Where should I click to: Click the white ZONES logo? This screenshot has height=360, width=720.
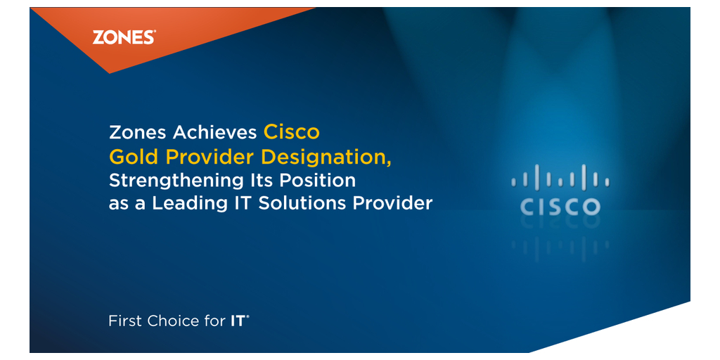pyautogui.click(x=124, y=37)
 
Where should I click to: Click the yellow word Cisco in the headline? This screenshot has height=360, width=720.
pyautogui.click(x=291, y=133)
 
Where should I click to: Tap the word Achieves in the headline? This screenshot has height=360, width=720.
pyautogui.click(x=214, y=133)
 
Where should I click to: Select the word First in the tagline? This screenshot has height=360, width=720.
pyautogui.click(x=125, y=321)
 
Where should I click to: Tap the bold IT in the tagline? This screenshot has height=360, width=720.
pyautogui.click(x=239, y=321)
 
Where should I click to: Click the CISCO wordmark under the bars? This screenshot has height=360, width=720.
pyautogui.click(x=560, y=207)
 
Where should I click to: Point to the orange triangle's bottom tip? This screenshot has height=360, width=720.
pyautogui.click(x=110, y=73)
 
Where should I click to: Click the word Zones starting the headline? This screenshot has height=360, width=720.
pyautogui.click(x=138, y=133)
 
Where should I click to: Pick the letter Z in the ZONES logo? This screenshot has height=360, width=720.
pyautogui.click(x=98, y=37)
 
